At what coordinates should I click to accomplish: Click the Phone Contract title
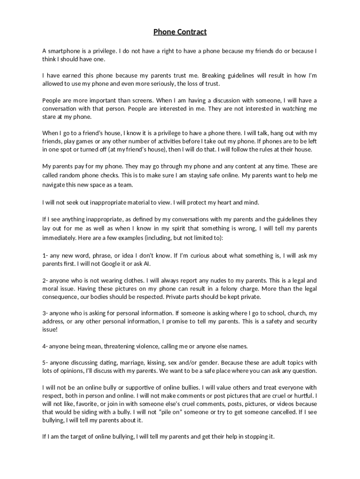[180, 32]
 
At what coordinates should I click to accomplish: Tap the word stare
[50, 117]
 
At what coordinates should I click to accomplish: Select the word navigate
[55, 185]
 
